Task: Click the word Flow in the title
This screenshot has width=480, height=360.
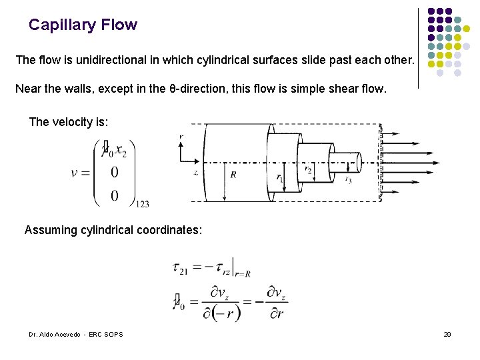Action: click(x=119, y=25)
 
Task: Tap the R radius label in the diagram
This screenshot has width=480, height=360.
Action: click(x=233, y=175)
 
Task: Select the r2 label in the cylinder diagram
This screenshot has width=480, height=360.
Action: click(x=308, y=171)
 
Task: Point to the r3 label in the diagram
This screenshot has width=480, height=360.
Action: click(x=348, y=179)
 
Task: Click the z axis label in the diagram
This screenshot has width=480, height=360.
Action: click(x=195, y=172)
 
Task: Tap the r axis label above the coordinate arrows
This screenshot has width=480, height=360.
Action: click(x=181, y=137)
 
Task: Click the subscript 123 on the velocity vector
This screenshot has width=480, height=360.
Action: click(x=142, y=205)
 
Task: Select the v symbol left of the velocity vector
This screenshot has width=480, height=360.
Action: click(x=77, y=173)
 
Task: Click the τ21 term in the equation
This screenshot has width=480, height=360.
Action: click(x=179, y=268)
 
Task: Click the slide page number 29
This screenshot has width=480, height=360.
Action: click(x=447, y=334)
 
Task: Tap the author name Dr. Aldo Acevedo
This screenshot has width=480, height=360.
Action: click(x=55, y=334)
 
